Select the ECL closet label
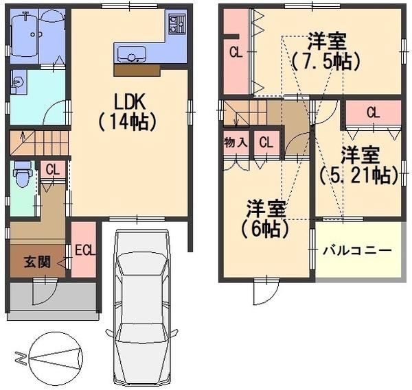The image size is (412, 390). pyautogui.click(x=84, y=250)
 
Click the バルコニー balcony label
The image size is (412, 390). pyautogui.click(x=357, y=250)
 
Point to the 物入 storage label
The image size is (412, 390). pyautogui.click(x=236, y=143)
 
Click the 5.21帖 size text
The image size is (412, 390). pyautogui.click(x=359, y=175)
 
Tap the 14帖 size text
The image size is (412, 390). pyautogui.click(x=129, y=123)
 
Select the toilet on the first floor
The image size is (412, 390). pyautogui.click(x=22, y=174)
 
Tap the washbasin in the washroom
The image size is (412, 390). pyautogui.click(x=18, y=84)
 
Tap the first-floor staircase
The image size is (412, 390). pyautogui.click(x=40, y=144)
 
